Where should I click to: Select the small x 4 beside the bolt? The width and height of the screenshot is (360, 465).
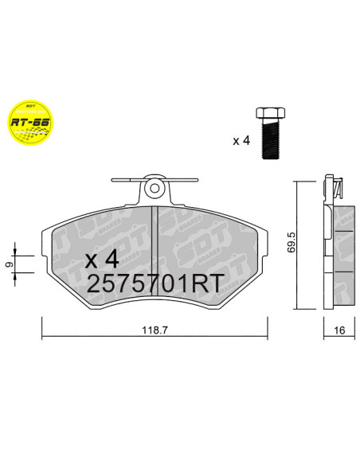click(x=241, y=141)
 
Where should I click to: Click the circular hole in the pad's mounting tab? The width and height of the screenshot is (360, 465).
click(x=155, y=189)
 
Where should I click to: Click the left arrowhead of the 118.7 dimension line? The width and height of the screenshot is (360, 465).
click(x=45, y=333)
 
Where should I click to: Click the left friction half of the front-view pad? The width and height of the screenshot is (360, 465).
click(x=100, y=239)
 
